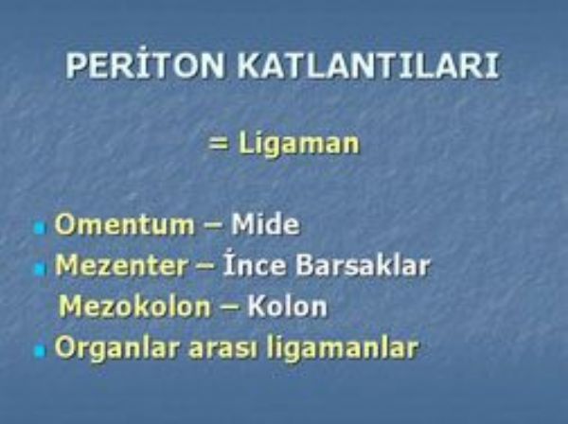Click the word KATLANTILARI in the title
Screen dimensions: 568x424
[368, 66]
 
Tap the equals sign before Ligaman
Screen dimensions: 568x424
[219, 144]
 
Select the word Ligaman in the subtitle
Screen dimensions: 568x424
[299, 144]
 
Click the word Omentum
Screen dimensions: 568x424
[124, 224]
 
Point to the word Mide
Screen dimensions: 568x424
[265, 224]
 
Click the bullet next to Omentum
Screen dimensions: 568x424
[40, 229]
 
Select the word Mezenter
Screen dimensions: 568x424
[121, 265]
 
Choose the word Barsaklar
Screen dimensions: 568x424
[363, 265]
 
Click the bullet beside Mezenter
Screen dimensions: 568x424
[40, 270]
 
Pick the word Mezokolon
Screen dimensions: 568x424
[134, 307]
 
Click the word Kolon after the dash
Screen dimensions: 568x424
[287, 307]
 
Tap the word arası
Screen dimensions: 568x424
[223, 348]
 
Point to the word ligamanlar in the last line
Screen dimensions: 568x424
[343, 348]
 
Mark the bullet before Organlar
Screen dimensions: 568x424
[40, 351]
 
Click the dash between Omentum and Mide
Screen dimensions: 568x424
[213, 226]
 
